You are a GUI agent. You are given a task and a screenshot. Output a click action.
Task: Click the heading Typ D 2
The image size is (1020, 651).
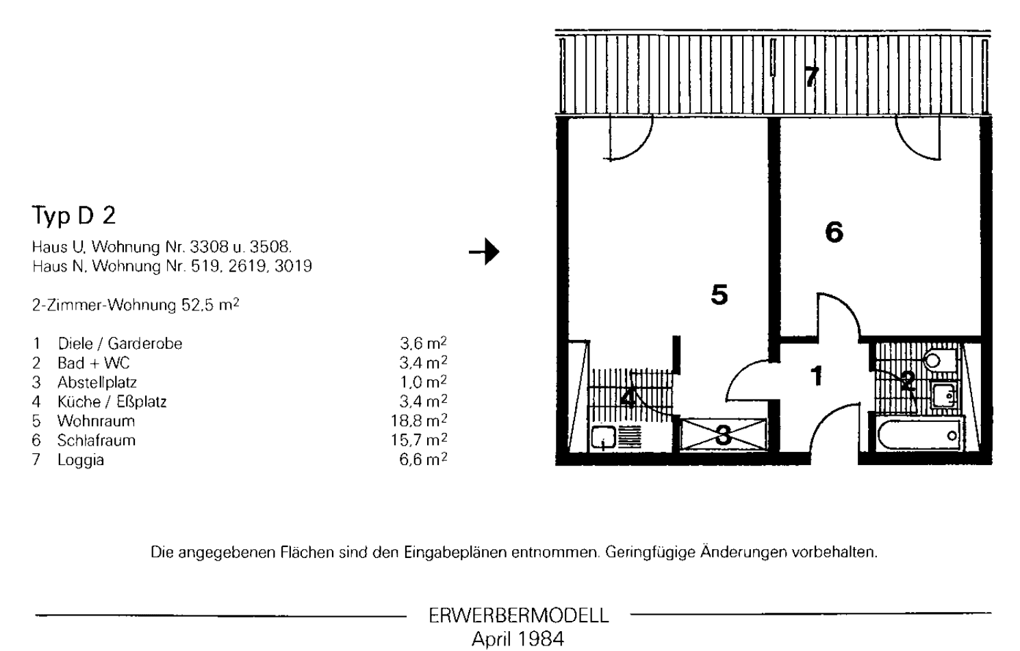(x=74, y=216)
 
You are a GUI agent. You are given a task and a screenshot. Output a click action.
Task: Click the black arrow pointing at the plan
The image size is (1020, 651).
(x=484, y=252)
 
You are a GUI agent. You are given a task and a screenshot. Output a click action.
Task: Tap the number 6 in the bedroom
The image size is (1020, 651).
(x=834, y=232)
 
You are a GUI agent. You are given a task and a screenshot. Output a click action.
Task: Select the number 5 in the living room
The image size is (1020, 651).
(x=719, y=295)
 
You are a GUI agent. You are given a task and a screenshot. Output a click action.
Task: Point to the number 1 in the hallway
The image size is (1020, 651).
(x=816, y=375)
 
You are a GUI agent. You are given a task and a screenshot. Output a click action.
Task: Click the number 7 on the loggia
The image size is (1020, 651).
(x=811, y=76)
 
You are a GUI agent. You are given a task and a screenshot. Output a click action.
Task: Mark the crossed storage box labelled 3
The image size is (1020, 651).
(x=723, y=435)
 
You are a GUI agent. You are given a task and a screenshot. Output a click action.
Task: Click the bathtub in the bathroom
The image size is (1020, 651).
(x=917, y=436)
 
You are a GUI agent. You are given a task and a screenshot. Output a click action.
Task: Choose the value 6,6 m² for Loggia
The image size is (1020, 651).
(x=423, y=460)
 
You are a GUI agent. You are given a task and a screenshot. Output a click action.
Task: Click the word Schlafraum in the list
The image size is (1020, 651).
(x=96, y=440)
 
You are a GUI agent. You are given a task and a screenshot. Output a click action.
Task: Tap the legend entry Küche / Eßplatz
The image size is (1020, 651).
(x=112, y=401)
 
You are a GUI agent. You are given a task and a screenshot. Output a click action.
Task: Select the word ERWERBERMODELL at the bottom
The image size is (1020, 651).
(x=518, y=615)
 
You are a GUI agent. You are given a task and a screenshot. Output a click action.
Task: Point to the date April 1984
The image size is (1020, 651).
(x=518, y=639)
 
